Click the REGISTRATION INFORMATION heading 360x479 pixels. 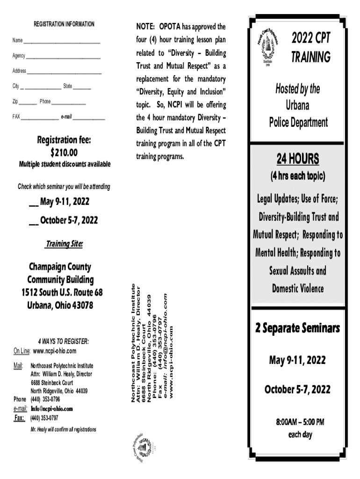[64, 24]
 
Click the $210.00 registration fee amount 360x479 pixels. [64, 152]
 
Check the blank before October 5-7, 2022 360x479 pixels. [34, 221]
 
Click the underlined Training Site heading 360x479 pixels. [64, 244]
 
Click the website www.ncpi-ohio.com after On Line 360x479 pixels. [54, 351]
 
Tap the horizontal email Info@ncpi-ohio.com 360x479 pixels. [51, 408]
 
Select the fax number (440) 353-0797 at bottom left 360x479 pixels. [45, 418]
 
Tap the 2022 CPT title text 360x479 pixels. [311, 38]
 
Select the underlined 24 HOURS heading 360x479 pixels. [297, 160]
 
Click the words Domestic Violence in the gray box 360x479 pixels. [297, 288]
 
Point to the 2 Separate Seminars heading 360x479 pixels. [297, 328]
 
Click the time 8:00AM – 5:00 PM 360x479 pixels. [300, 423]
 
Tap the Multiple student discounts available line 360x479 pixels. [65, 164]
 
